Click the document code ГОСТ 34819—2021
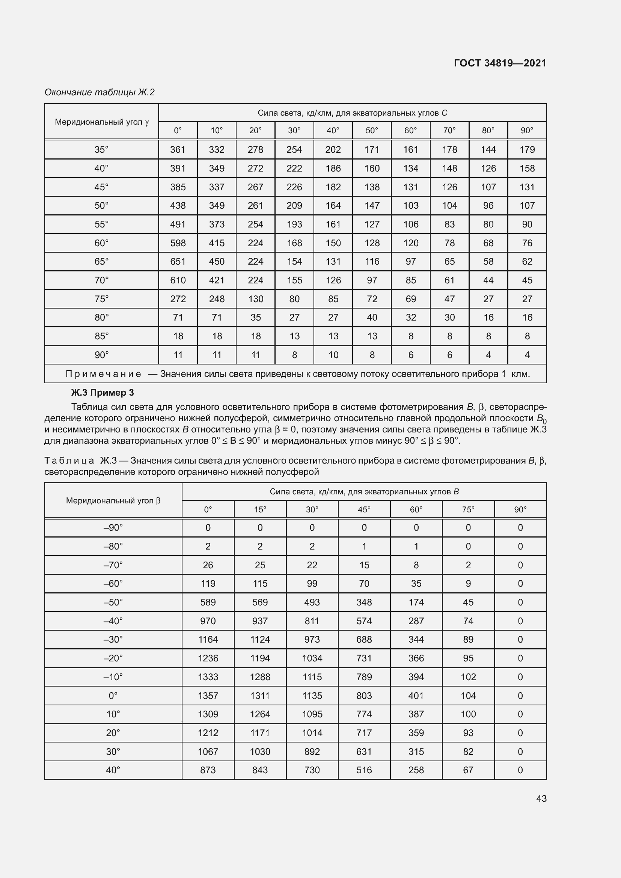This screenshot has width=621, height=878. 500,63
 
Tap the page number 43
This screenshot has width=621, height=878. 541,798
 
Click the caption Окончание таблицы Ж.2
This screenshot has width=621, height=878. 99,92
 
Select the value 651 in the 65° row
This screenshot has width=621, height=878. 178,262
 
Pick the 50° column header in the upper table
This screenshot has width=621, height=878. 372,130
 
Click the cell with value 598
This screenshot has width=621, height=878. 178,243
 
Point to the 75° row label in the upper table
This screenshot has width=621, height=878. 101,299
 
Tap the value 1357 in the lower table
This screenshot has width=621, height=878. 208,696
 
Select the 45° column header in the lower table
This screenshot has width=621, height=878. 364,509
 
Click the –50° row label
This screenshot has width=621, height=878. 113,602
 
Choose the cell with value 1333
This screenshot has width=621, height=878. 208,677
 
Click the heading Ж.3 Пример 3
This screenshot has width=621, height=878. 102,393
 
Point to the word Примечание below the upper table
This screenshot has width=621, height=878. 103,373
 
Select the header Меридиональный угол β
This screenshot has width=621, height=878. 113,501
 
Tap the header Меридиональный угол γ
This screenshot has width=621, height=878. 102,122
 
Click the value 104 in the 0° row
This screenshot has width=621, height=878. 468,696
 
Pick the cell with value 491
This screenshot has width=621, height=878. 178,224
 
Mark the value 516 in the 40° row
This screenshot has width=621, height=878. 364,770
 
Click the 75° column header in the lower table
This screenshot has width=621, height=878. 468,509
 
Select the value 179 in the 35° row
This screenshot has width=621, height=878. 527,149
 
